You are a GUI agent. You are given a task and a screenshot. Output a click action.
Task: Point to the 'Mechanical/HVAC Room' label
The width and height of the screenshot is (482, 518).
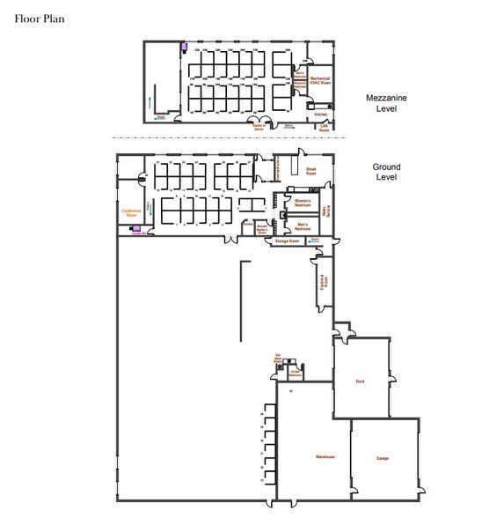click(x=318, y=82)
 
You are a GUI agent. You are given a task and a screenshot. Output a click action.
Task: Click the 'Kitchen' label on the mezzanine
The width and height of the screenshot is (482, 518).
click(x=321, y=115)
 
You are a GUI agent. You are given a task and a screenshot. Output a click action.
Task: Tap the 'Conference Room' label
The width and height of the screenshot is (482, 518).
click(x=132, y=214)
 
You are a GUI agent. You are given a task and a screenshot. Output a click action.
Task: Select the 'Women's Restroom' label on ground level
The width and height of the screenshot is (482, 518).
click(x=303, y=203)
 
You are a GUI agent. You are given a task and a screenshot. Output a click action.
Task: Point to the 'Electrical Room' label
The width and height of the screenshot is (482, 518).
click(x=324, y=283)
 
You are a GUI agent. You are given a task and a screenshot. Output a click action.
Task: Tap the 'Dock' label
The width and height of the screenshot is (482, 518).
click(x=359, y=381)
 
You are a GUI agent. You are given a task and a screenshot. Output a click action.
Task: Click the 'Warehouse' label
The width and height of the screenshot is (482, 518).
click(x=314, y=459)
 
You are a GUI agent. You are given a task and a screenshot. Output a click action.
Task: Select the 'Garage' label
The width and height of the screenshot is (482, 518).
click(x=383, y=459)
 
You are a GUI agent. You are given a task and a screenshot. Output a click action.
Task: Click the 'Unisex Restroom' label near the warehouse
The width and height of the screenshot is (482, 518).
click(x=296, y=374)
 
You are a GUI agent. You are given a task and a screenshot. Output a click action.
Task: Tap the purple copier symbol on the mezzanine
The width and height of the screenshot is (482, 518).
click(x=184, y=48)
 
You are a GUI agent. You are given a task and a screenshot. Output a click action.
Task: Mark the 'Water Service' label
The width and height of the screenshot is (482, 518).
click(x=327, y=211)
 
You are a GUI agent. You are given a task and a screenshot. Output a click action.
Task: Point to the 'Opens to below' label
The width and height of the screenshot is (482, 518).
click(x=259, y=128)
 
